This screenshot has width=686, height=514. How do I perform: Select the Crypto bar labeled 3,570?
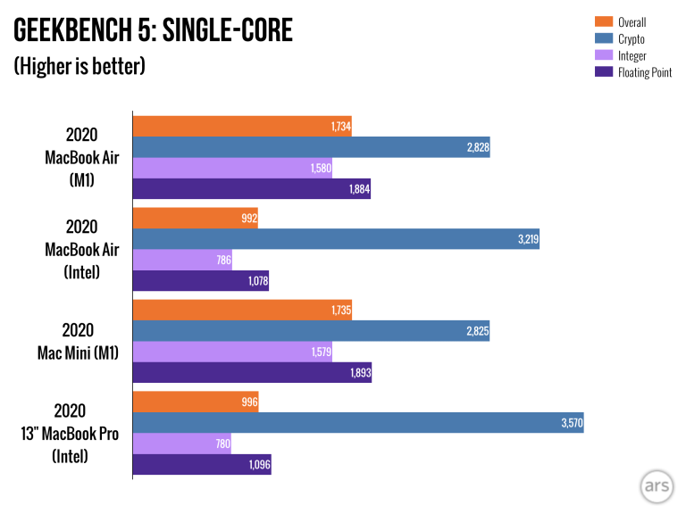(357, 423)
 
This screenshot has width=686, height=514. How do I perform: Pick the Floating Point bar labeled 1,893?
(251, 373)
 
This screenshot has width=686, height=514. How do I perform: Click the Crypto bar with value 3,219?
(335, 239)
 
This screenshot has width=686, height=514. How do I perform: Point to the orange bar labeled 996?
(195, 402)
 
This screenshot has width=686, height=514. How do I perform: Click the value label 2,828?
(478, 148)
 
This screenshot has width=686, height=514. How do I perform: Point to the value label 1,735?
(339, 311)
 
